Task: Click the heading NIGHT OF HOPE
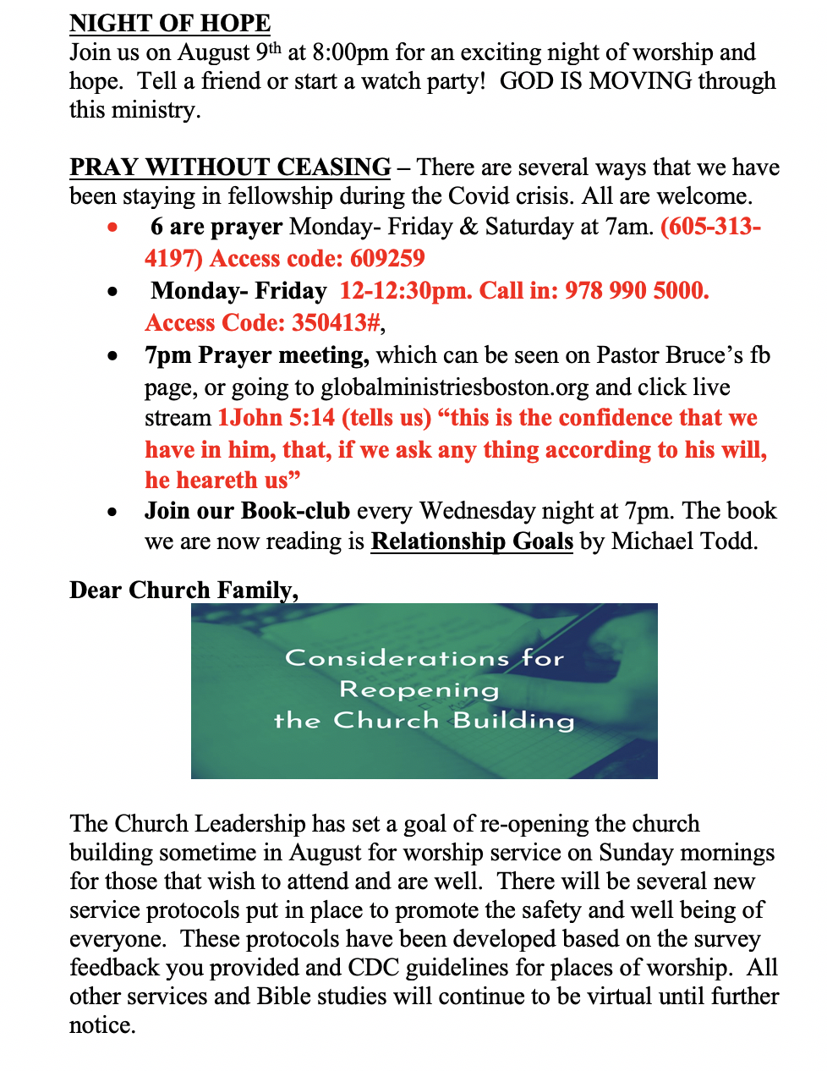pos(170,23)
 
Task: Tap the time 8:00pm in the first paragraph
pos(349,52)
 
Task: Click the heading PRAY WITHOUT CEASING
pos(230,167)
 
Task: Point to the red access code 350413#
pos(336,323)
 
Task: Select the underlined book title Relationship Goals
pos(472,541)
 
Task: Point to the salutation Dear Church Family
pos(183,590)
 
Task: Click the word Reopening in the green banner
pos(419,689)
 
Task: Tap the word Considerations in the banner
pos(397,658)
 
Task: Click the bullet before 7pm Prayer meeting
pos(112,356)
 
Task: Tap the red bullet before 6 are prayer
pos(112,227)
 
